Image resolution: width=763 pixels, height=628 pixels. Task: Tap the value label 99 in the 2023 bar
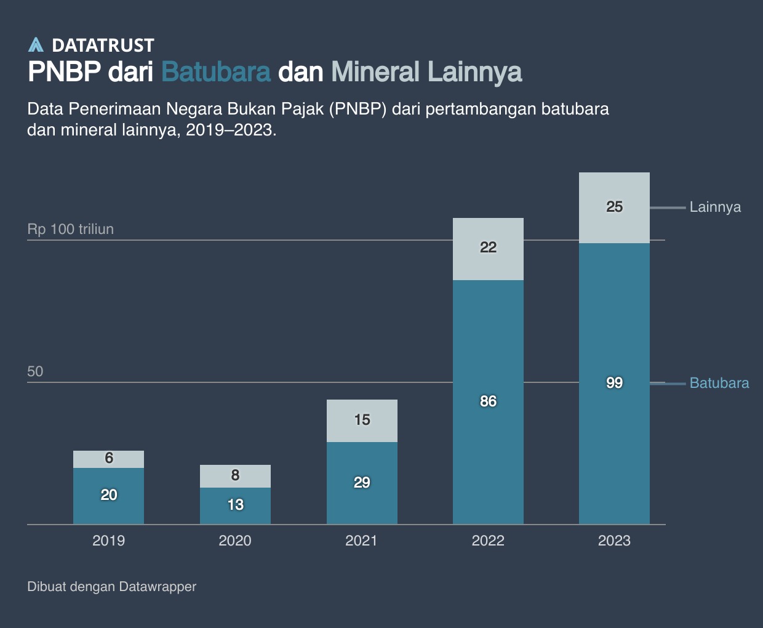point(614,383)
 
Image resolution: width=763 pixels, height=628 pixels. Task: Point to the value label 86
point(488,401)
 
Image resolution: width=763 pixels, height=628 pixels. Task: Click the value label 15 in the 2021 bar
point(362,420)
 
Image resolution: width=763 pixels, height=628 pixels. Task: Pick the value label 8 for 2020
point(235,475)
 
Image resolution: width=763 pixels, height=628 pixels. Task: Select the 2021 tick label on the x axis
point(361,541)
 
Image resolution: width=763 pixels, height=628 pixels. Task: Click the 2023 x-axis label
point(614,541)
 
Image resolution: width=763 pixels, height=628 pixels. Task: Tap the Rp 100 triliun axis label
point(71,229)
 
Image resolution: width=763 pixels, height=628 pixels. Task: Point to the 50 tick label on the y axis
point(35,371)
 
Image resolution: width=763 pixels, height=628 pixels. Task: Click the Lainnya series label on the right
point(715,207)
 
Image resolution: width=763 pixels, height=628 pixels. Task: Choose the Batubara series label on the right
point(719,383)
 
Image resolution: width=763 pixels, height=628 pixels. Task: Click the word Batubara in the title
point(216,72)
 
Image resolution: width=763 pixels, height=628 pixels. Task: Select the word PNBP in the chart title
point(64,72)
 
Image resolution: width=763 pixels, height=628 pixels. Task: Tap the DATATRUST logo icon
point(36,45)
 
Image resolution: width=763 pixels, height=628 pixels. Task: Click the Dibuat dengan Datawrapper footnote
point(111,587)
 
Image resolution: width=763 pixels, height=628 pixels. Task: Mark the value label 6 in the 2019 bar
point(109,458)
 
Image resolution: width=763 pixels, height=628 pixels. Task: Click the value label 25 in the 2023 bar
point(614,207)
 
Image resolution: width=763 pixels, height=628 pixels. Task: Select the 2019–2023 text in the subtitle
point(230,130)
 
